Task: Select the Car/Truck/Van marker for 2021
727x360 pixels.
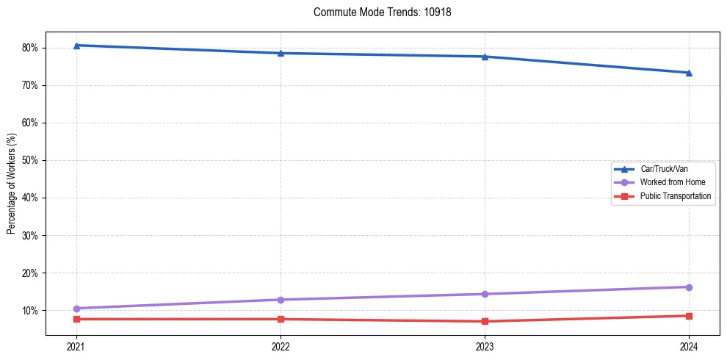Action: [76, 46]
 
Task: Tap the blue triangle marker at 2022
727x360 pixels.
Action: [281, 53]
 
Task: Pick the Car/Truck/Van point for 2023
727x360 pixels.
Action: [485, 57]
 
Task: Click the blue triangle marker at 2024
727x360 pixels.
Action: [689, 73]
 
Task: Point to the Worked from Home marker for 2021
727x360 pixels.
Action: [76, 309]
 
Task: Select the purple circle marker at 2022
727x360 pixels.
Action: [281, 300]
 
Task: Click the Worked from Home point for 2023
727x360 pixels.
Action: [485, 294]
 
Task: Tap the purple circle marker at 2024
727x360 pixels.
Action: [689, 287]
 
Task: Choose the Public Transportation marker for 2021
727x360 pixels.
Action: [76, 319]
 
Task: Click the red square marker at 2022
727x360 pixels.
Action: [281, 319]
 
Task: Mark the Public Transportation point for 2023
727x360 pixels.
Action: [485, 321]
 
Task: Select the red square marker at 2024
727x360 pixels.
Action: [689, 316]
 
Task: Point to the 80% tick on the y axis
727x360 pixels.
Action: [30, 48]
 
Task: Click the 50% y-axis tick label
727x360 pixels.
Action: [30, 160]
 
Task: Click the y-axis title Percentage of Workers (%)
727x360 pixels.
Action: [11, 184]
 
